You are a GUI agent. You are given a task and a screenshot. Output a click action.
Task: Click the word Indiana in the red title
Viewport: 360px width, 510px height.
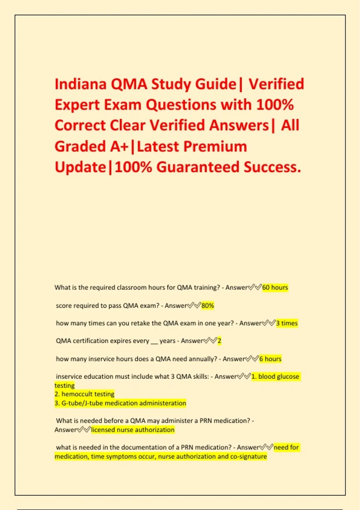[81, 84]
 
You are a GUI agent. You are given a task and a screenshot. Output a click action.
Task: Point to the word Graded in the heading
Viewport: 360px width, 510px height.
[80, 147]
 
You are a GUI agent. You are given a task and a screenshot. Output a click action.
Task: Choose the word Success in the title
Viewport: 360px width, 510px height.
[272, 167]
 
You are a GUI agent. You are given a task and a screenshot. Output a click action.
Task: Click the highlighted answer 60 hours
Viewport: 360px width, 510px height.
[275, 287]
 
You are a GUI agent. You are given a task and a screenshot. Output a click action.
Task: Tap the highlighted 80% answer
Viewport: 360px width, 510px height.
[208, 306]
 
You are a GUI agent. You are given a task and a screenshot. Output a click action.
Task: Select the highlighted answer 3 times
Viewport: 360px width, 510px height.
[287, 323]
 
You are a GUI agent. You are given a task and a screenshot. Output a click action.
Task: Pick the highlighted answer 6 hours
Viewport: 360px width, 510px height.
[270, 359]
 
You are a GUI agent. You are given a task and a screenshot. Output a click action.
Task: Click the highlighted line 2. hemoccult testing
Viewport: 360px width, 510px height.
[85, 394]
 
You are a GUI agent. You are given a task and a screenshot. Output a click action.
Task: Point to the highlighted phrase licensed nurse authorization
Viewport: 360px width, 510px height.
[133, 430]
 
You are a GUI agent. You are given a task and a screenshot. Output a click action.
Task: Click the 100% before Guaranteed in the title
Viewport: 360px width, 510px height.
[133, 167]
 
